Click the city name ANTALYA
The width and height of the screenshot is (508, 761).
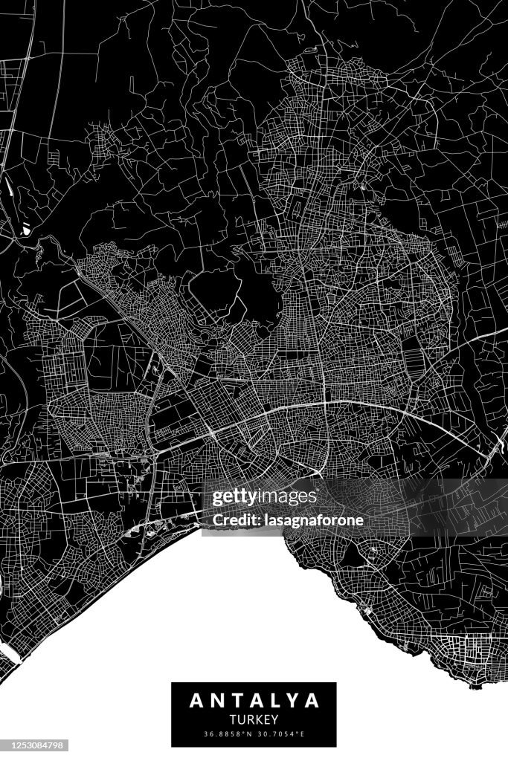pyautogui.click(x=254, y=700)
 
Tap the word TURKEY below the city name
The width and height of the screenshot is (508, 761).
pyautogui.click(x=254, y=719)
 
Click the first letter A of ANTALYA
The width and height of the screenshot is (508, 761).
pyautogui.click(x=196, y=700)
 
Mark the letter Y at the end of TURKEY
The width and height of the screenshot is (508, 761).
pyautogui.click(x=275, y=719)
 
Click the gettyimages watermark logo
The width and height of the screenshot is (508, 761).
pyautogui.click(x=265, y=497)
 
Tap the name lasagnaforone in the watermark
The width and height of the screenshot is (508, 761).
pyautogui.click(x=312, y=520)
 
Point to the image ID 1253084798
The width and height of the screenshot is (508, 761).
pyautogui.click(x=34, y=744)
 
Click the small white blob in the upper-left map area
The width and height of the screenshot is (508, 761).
pyautogui.click(x=26, y=230)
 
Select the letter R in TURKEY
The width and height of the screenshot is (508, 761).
pyautogui.click(x=249, y=719)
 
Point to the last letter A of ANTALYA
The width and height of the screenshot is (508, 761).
pyautogui.click(x=312, y=700)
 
